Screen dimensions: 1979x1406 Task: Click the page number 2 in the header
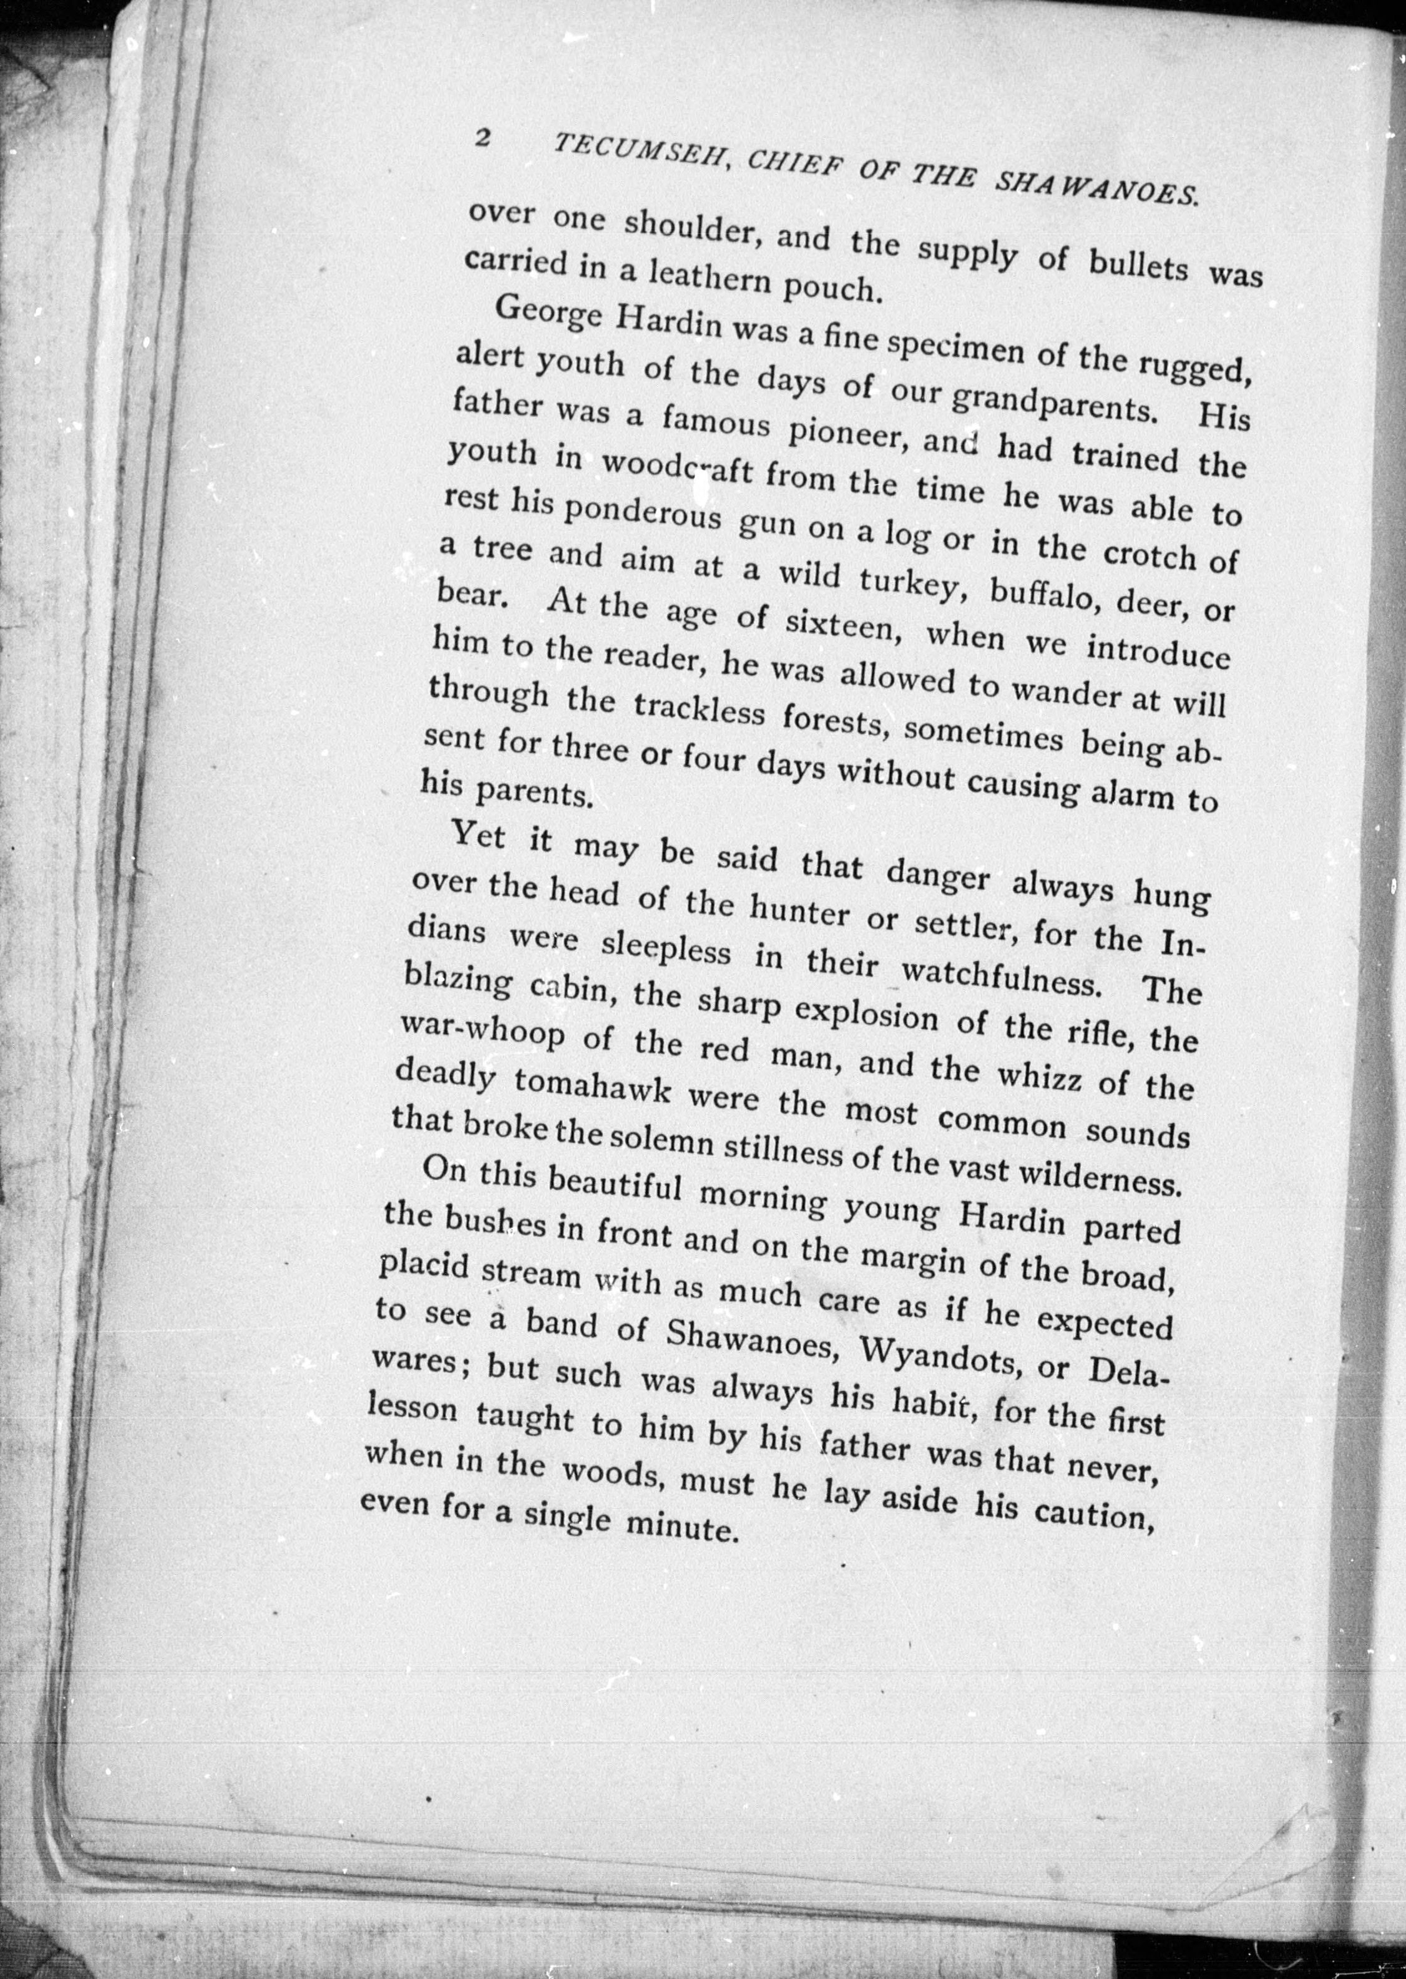click(x=483, y=139)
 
